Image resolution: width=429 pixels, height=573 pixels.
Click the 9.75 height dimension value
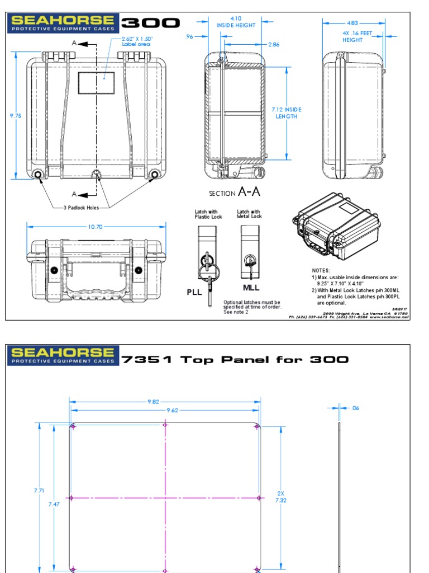click(16, 116)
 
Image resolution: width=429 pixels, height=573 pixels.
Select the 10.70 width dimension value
click(96, 227)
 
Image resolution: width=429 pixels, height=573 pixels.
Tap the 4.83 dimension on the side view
click(352, 23)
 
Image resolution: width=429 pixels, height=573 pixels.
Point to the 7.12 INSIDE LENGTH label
click(287, 113)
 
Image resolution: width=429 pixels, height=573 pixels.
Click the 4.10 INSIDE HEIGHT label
click(236, 22)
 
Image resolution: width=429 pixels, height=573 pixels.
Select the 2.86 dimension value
click(274, 44)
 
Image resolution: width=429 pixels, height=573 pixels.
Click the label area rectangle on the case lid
click(96, 83)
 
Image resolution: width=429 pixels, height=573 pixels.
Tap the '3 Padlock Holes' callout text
click(85, 207)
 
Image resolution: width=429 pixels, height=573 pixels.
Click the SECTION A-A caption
click(235, 192)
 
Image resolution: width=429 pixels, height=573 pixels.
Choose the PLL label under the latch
click(193, 292)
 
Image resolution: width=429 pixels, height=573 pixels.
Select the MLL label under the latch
click(251, 288)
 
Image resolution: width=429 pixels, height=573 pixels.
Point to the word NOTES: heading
click(321, 270)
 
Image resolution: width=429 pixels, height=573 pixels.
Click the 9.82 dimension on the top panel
click(165, 401)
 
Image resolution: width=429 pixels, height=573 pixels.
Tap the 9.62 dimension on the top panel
click(165, 410)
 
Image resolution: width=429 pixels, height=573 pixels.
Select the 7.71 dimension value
click(39, 490)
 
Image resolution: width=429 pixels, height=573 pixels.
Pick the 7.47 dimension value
click(54, 504)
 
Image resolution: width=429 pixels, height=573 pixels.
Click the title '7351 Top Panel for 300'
click(235, 359)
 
